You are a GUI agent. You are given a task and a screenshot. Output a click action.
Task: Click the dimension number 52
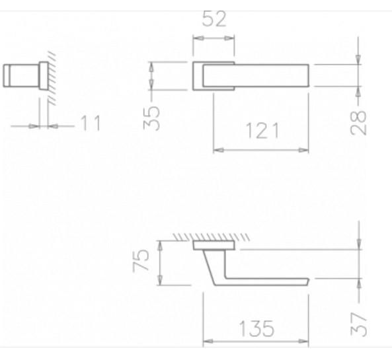coord(212,20)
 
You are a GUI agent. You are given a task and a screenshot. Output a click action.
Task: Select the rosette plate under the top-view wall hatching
coord(214,246)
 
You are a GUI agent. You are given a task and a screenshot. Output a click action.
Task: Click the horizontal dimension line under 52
coord(212,38)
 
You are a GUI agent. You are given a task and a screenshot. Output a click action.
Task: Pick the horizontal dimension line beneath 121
coord(260,150)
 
